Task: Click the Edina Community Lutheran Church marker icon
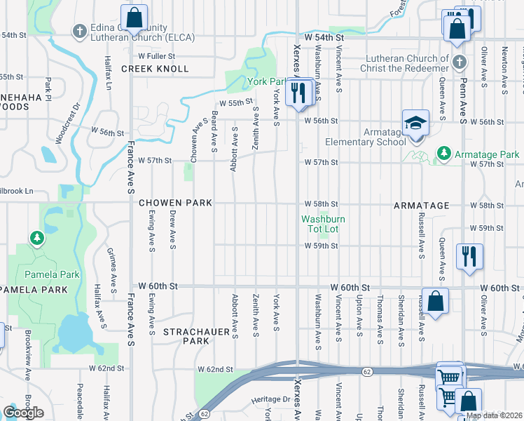point(80,31)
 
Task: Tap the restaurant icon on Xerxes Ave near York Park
point(299,91)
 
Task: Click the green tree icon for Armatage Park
point(443,153)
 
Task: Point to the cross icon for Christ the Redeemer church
point(459,62)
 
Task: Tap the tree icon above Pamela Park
point(36,239)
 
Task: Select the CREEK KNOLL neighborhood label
point(155,69)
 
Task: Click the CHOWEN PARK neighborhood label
point(175,203)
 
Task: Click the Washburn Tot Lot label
point(324,224)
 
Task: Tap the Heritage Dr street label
point(272,399)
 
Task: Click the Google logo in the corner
point(23,413)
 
